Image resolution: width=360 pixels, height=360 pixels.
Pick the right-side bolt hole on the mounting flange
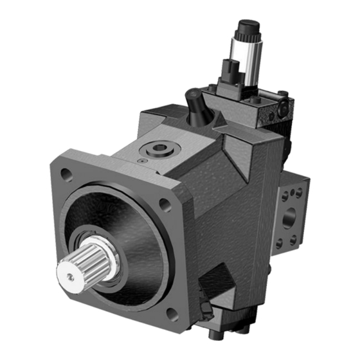coord(165,204)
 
